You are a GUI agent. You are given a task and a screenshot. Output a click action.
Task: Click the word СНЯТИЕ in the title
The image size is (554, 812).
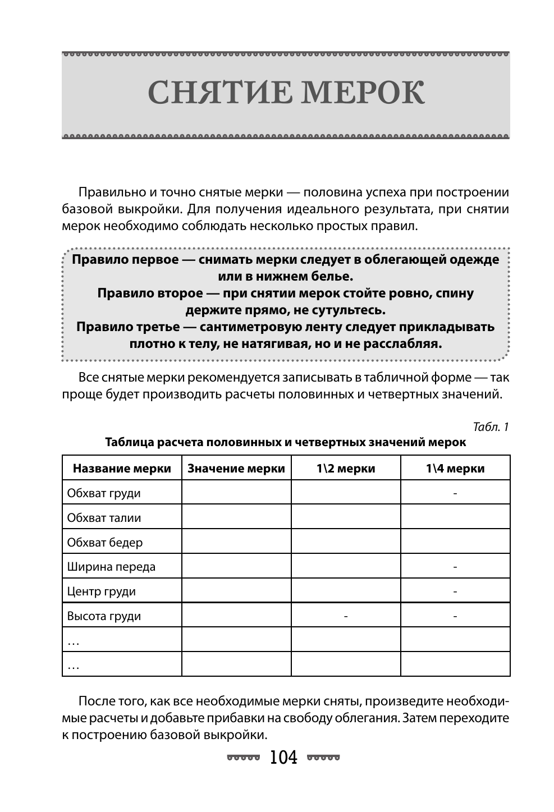219,93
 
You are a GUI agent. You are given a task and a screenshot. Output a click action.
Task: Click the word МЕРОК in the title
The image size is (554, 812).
363,93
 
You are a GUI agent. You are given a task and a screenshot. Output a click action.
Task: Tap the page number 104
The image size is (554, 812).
283,758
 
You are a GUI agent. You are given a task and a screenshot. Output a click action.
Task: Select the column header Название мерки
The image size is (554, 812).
122,469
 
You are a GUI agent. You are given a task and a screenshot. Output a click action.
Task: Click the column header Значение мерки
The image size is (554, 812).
236,469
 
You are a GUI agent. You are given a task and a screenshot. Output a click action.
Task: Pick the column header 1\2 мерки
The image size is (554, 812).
345,469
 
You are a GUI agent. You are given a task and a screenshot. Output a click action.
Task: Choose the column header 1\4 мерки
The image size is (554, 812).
455,469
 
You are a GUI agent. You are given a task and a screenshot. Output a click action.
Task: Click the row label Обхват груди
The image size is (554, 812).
104,493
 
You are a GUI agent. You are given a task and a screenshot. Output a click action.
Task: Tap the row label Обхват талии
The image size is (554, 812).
104,518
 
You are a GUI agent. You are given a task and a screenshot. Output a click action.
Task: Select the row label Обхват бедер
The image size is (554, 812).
105,543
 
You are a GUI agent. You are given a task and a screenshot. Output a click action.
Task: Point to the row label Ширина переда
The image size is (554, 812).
111,567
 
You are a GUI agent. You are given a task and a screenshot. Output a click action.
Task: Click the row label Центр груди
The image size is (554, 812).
101,591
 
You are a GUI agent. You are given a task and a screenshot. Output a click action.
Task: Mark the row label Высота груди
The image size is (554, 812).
104,616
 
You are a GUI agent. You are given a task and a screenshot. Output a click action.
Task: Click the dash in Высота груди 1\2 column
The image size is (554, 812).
346,616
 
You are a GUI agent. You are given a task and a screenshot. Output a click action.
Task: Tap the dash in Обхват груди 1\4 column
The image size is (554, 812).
455,493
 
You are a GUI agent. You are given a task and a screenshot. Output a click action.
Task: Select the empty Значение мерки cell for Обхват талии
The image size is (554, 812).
236,518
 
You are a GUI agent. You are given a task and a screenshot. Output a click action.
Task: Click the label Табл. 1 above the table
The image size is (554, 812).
491,427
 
